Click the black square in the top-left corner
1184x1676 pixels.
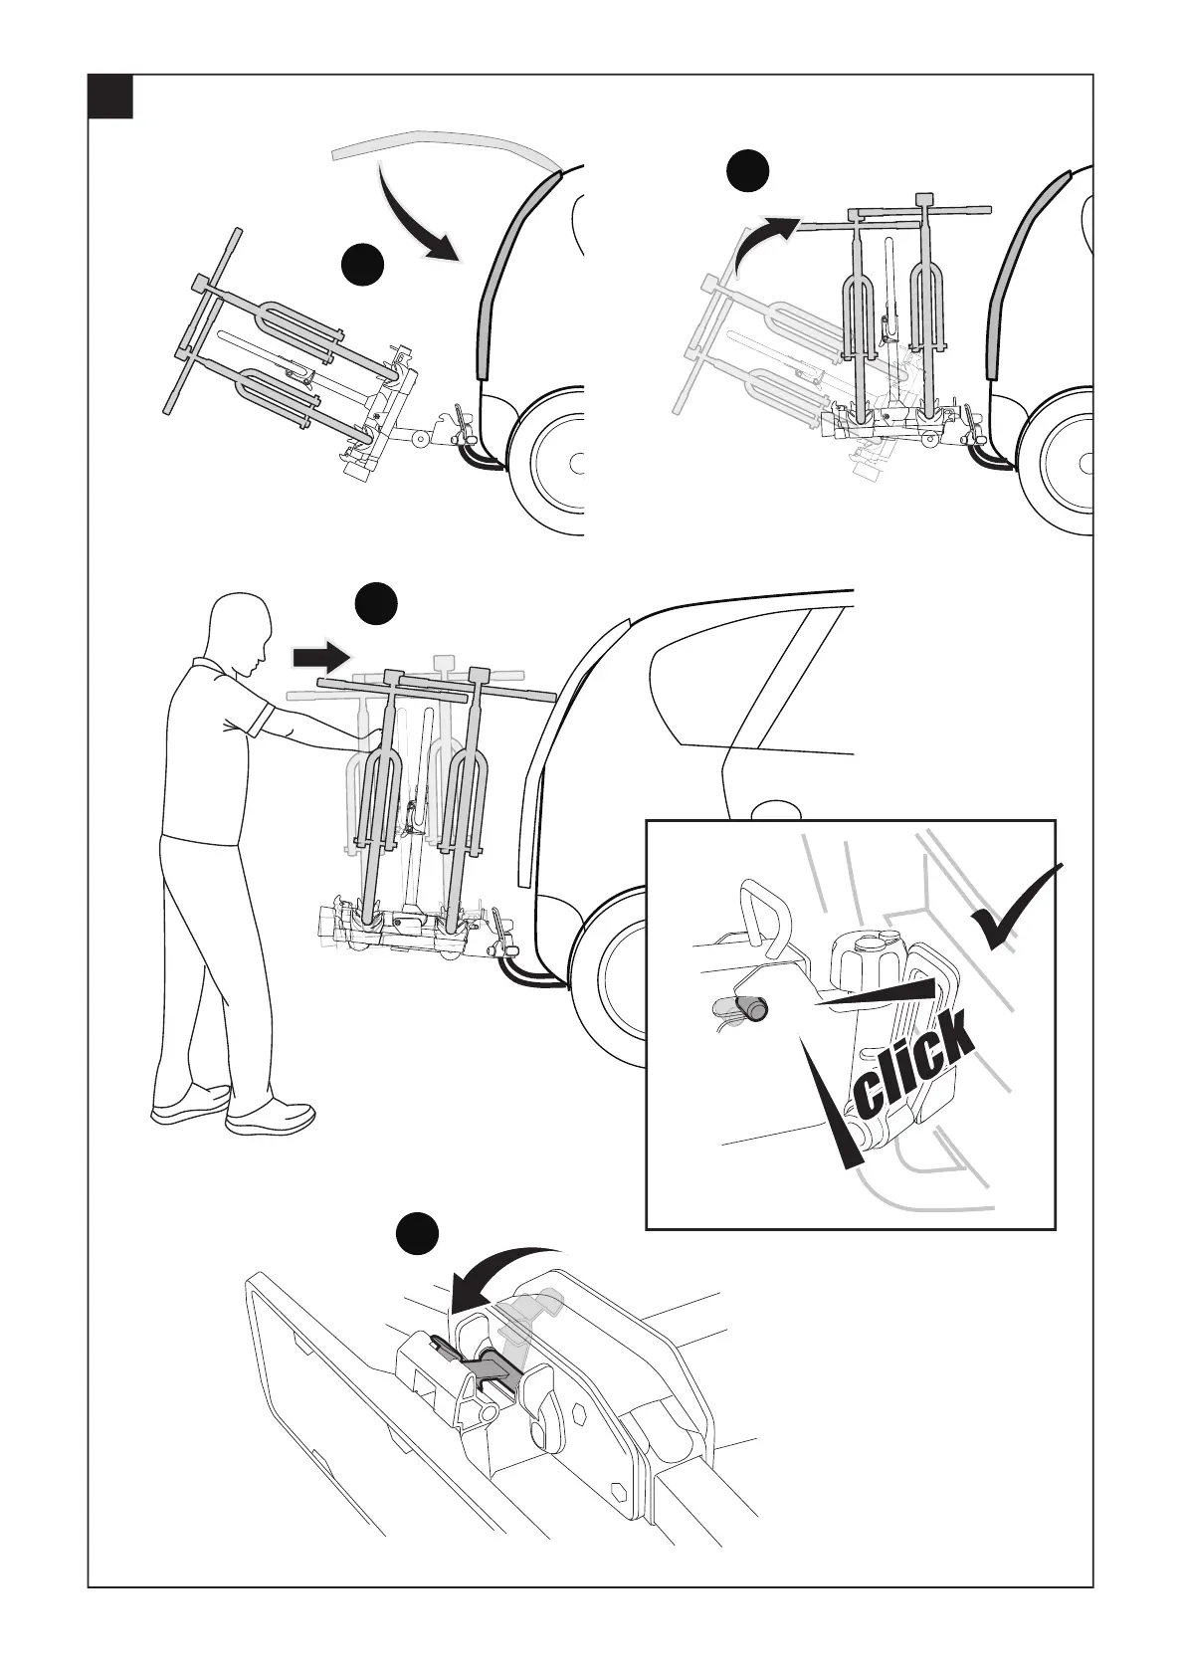tap(109, 97)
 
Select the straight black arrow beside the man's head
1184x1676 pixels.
tap(321, 657)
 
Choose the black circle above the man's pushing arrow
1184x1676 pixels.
tap(377, 604)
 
